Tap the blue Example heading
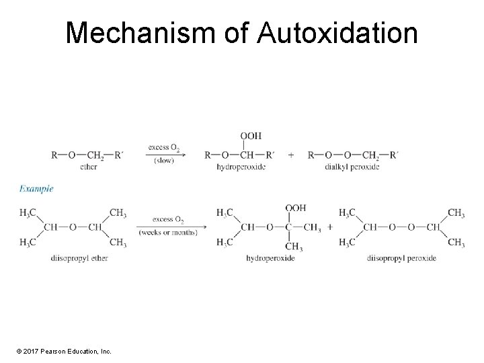coord(36,189)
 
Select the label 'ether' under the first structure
coord(88,166)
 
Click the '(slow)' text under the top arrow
coord(164,160)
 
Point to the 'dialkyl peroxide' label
coord(352,166)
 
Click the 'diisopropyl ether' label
coord(79,258)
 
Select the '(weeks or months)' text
coord(168,233)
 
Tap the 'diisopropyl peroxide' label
coord(401,258)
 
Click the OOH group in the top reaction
coord(251,136)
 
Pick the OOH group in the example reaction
coord(296,208)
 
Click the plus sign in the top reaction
coord(290,155)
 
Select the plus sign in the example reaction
coord(330,227)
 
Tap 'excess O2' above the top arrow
coord(164,147)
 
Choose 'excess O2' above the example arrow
coord(168,219)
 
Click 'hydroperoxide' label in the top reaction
coord(241,166)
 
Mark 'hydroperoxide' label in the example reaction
coord(270,258)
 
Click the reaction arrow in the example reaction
coord(168,226)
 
